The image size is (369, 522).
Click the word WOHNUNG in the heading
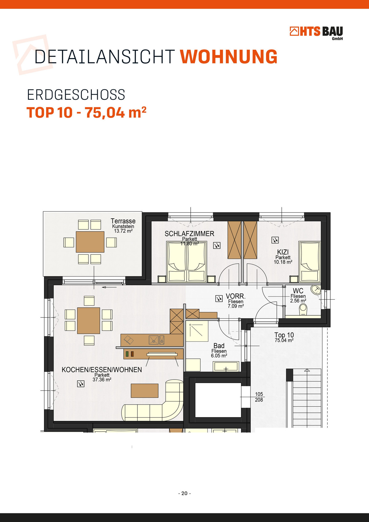point(228,57)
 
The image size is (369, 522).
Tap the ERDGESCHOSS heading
point(76,95)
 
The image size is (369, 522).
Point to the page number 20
point(184,493)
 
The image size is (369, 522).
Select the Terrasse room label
point(123,221)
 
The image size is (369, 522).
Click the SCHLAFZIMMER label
point(189,234)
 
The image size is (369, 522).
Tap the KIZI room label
point(283,252)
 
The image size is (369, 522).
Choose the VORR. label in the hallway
point(236,297)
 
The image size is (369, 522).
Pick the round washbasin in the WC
point(316,290)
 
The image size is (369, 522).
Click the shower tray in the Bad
point(197,331)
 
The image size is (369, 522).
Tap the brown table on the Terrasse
point(90,242)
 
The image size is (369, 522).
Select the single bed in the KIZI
point(310,262)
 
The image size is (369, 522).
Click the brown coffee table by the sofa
point(145,391)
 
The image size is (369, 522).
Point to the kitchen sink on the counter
point(157,340)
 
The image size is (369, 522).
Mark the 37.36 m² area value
point(102,380)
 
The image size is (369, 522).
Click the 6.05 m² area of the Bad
point(219,356)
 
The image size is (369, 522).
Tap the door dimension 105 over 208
point(259,397)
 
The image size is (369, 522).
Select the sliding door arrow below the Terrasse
point(109,287)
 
